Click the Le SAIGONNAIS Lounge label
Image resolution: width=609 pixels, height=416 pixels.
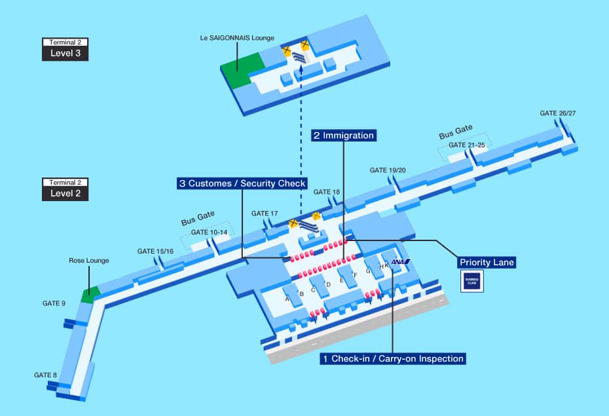(237, 38)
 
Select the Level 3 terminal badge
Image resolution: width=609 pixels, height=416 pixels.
(65, 49)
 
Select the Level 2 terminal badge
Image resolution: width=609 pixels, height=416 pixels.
(65, 189)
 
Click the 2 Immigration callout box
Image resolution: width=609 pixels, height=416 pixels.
(343, 136)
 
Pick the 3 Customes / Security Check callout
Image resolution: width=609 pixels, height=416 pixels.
(242, 184)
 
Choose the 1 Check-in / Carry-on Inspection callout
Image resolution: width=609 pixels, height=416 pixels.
(393, 358)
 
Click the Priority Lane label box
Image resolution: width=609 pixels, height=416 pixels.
(487, 263)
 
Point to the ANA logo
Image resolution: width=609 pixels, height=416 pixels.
(400, 262)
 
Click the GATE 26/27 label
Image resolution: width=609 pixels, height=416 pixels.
(557, 113)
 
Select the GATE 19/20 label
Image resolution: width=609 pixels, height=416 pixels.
(388, 170)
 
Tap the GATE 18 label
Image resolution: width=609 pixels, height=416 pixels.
(327, 192)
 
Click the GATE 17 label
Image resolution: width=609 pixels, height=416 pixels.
(265, 214)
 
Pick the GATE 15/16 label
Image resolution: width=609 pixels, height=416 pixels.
(155, 252)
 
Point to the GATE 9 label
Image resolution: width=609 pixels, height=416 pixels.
(54, 303)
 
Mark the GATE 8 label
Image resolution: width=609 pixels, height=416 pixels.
(46, 375)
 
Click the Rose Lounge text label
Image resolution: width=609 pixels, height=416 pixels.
(89, 261)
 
